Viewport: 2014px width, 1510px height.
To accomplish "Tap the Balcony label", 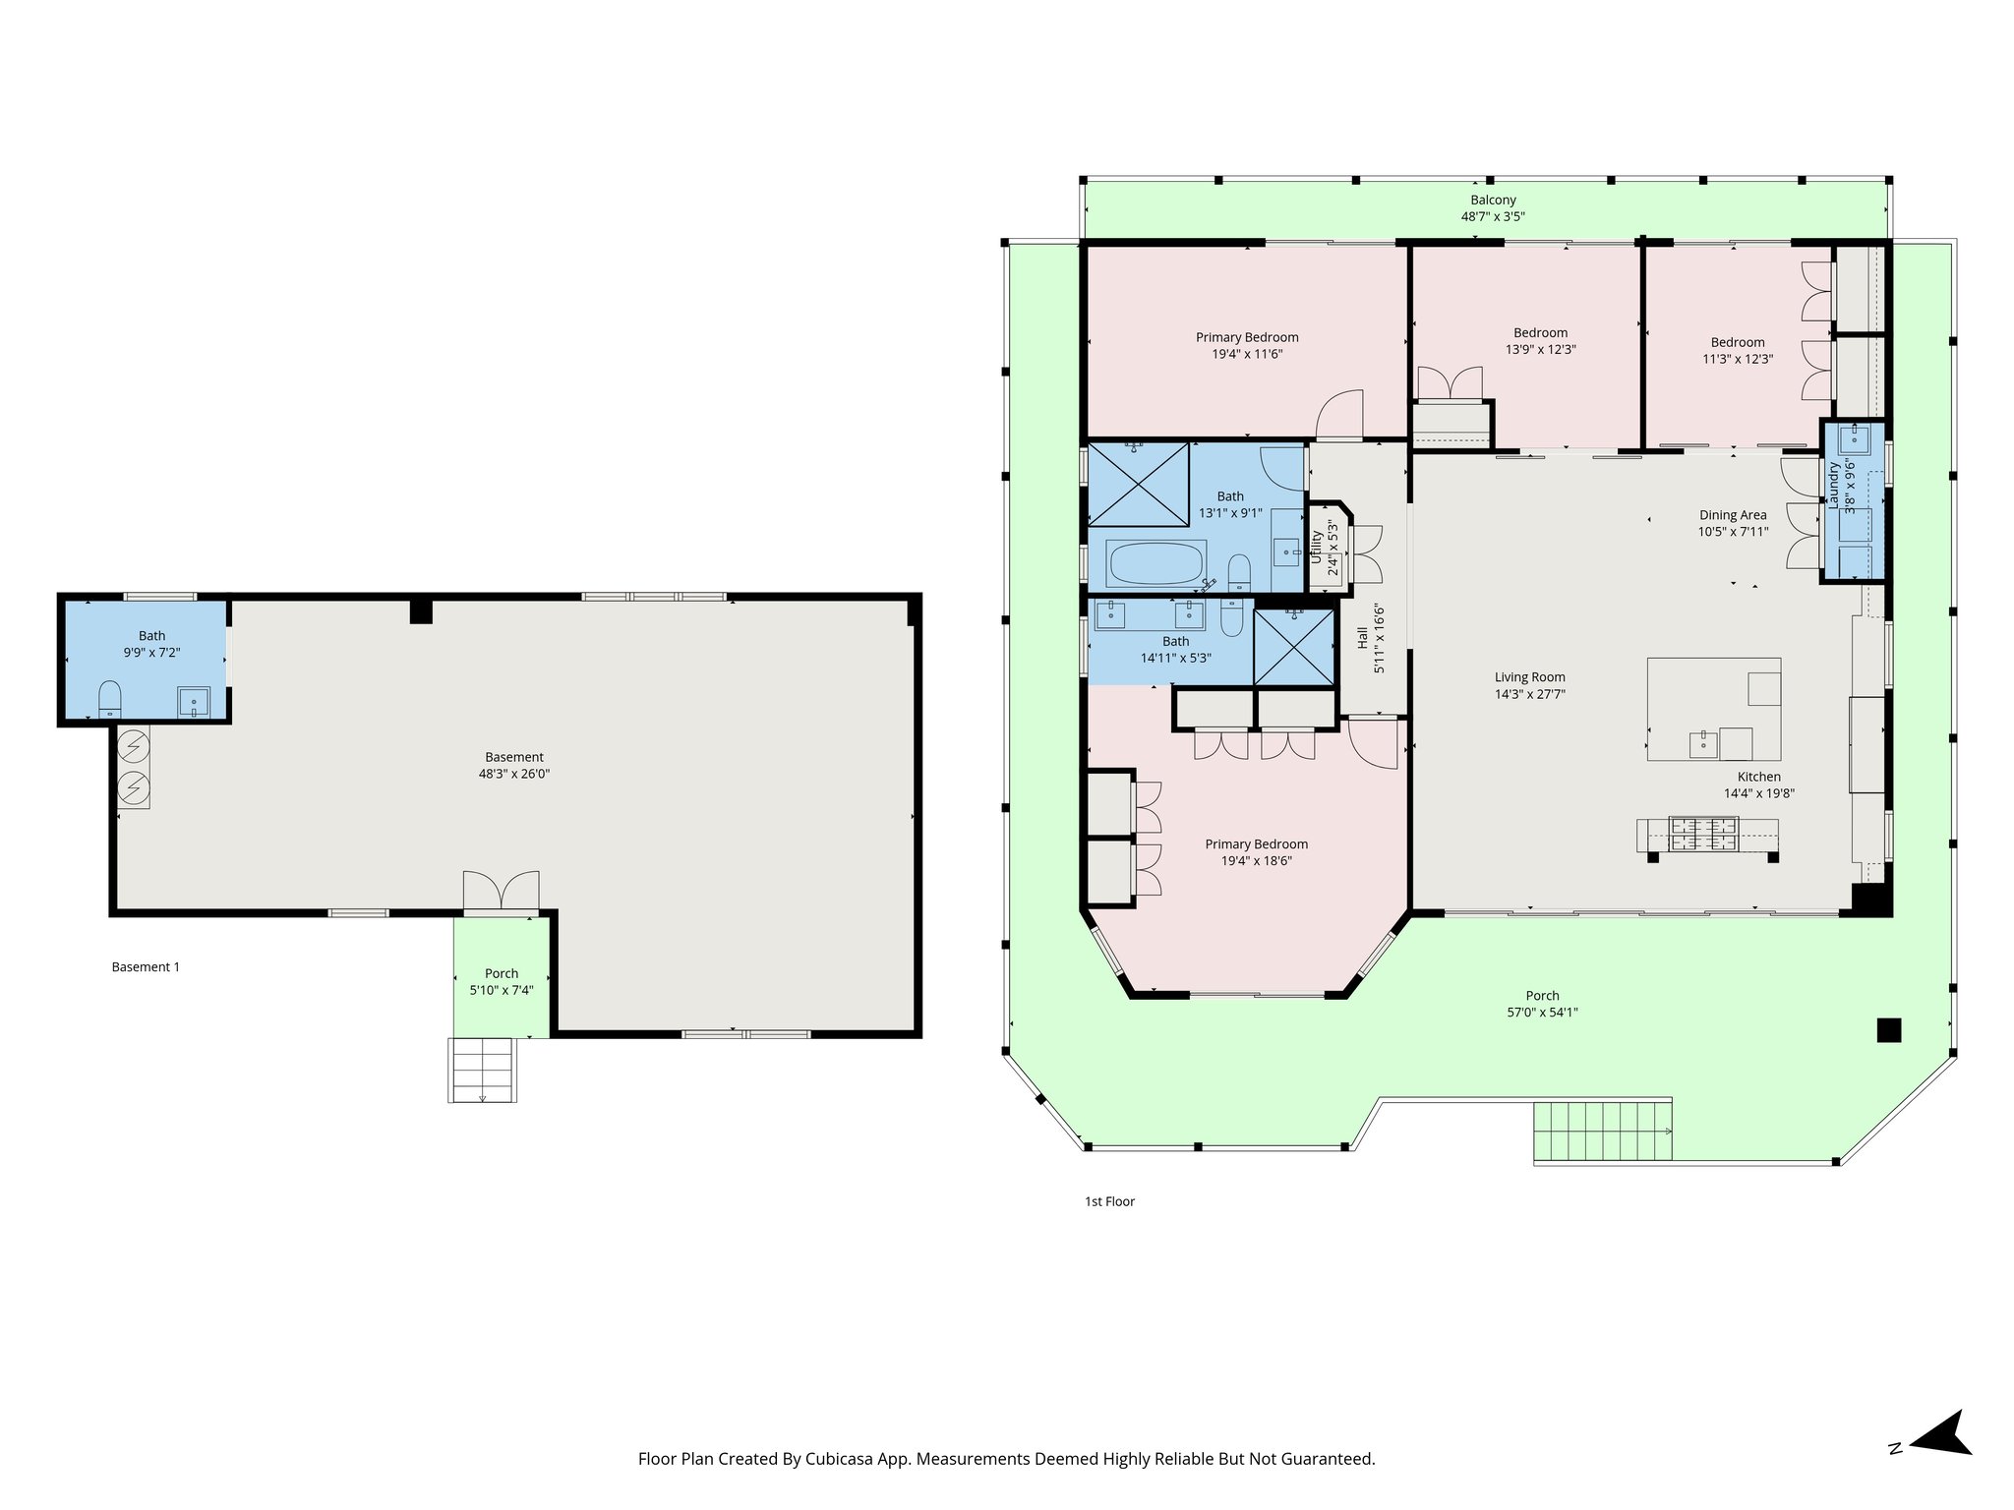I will point(1493,200).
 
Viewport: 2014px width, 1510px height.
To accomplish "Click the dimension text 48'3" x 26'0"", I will point(513,774).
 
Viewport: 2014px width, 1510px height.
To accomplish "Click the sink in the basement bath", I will point(194,703).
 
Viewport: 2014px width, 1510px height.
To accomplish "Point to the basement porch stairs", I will point(482,1069).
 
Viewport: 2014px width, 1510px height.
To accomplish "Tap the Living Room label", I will point(1529,676).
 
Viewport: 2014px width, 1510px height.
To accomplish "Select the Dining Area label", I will point(1733,514).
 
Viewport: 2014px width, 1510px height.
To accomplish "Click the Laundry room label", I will point(1833,486).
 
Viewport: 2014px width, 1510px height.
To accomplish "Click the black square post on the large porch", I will point(1888,1029).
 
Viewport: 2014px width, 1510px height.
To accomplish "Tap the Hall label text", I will point(1363,637).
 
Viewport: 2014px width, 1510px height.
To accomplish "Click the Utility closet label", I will point(1317,547).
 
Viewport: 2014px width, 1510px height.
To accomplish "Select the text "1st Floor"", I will point(1109,1201).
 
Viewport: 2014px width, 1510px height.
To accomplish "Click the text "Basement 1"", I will point(146,966).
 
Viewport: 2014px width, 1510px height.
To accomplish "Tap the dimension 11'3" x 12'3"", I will point(1738,359).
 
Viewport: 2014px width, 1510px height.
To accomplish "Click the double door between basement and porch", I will point(501,891).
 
